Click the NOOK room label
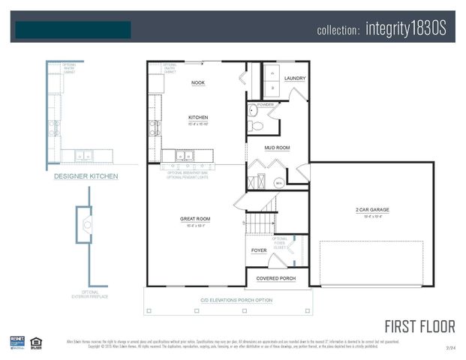coord(198,83)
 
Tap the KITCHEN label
coord(198,118)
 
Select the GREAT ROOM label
coord(194,219)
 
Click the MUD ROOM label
coord(277,148)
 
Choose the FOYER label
coord(259,250)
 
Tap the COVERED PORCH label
coord(276,278)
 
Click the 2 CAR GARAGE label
coord(371,209)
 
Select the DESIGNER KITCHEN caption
coord(86,176)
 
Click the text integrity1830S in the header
coord(406,30)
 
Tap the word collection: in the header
coord(340,31)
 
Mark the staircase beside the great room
coord(261,222)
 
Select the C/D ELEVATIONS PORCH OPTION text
coord(230,301)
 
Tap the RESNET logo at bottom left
coord(17,343)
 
